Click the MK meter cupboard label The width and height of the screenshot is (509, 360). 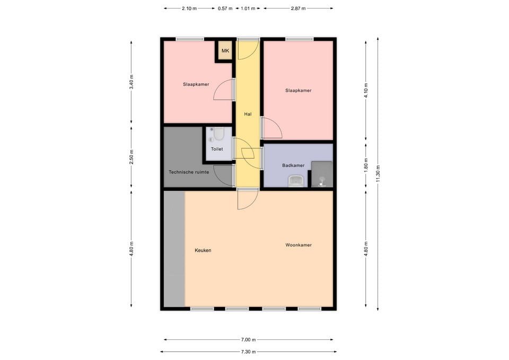pos(225,51)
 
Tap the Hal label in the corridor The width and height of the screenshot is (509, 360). pos(248,114)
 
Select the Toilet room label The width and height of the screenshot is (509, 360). pos(217,149)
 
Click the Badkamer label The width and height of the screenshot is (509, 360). pos(293,165)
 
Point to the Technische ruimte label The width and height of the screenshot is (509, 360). pos(189,172)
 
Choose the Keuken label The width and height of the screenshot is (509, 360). pos(203,250)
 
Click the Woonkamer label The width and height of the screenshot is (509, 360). pos(299,245)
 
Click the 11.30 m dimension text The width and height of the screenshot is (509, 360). pos(378,173)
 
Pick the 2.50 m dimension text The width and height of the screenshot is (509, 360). pos(131,157)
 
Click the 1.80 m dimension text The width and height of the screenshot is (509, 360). pos(366,164)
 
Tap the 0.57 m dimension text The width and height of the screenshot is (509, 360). pos(225,8)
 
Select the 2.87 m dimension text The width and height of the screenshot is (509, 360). pos(299,8)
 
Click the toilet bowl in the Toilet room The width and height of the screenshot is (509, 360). pos(219,134)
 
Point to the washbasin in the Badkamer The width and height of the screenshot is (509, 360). pos(296,182)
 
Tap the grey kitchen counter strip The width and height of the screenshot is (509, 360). pos(174,249)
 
